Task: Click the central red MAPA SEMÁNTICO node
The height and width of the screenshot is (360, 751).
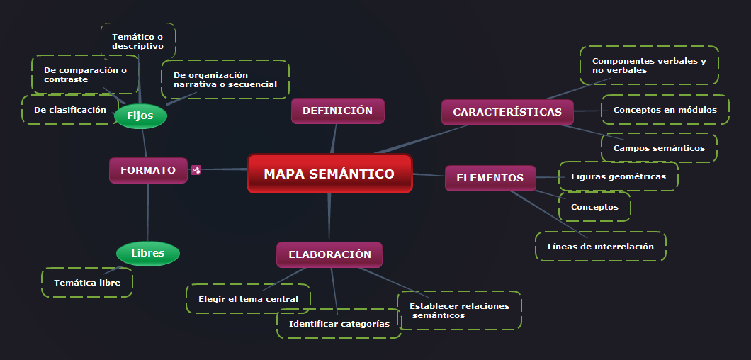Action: point(329,174)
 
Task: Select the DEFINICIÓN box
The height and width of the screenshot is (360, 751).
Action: point(337,111)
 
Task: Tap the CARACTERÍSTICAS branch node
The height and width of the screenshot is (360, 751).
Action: point(507,112)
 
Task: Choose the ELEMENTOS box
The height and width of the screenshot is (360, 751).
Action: point(490,178)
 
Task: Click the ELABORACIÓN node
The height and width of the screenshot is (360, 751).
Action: point(329,254)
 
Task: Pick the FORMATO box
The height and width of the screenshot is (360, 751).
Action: point(148,170)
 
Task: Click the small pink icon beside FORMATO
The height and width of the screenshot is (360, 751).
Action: point(196,170)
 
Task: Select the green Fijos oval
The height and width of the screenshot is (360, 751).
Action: point(140,116)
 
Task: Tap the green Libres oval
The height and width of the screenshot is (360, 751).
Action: point(147,253)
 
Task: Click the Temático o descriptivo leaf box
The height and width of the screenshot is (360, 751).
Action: point(138,41)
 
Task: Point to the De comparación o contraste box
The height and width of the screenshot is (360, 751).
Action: point(85,74)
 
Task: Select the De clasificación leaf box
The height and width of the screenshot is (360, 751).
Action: point(70,110)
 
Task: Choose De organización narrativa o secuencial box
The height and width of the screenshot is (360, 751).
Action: point(225,79)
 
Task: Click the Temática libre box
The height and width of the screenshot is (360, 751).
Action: point(87,282)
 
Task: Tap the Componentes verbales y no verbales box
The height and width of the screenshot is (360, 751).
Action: point(649,65)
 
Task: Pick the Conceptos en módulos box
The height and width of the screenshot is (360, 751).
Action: point(665,110)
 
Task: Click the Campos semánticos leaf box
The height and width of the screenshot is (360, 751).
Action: point(659,148)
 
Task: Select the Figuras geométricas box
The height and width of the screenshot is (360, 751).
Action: point(618,176)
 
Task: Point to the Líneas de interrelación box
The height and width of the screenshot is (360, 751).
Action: point(600,247)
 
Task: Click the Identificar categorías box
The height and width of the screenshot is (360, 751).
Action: point(339,324)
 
